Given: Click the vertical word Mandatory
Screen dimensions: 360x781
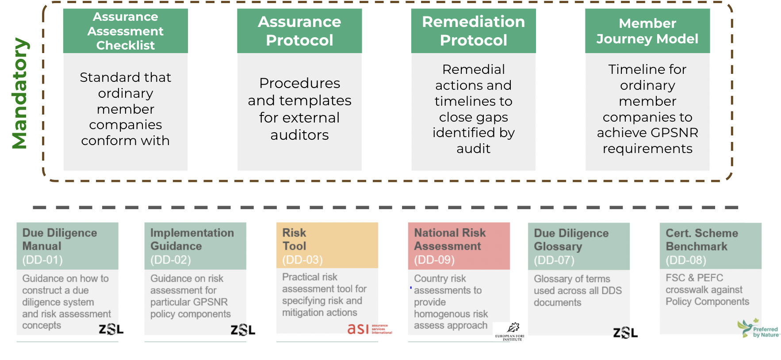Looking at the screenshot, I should click(x=20, y=93).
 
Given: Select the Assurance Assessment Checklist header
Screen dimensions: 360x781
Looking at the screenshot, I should click(x=126, y=31).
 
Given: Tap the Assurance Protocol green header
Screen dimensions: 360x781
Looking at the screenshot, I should click(x=299, y=31).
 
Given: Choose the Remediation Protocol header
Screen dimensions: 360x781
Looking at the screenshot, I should click(x=473, y=31).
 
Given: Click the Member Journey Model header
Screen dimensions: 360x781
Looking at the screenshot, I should click(x=647, y=31).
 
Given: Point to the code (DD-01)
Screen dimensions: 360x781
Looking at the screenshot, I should click(x=42, y=260).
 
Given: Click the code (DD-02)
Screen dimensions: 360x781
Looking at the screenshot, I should click(x=171, y=260).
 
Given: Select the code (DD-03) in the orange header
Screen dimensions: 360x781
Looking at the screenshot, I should click(x=302, y=260).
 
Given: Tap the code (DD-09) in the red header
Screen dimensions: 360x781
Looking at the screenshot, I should click(x=434, y=260).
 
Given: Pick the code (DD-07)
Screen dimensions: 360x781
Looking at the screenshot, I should click(x=554, y=260).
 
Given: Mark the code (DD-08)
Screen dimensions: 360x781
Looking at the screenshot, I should click(x=686, y=260).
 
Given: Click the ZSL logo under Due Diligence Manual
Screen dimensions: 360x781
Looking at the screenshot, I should click(x=111, y=329).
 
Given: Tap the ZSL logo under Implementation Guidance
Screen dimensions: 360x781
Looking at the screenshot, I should click(x=243, y=330).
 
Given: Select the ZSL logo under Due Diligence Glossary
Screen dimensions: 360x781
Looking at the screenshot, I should click(x=625, y=333).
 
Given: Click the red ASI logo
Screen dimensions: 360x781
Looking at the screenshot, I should click(x=369, y=329).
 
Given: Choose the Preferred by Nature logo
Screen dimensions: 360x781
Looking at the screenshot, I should click(x=758, y=329).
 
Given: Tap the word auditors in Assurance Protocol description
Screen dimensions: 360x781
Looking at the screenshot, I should click(x=299, y=135).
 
